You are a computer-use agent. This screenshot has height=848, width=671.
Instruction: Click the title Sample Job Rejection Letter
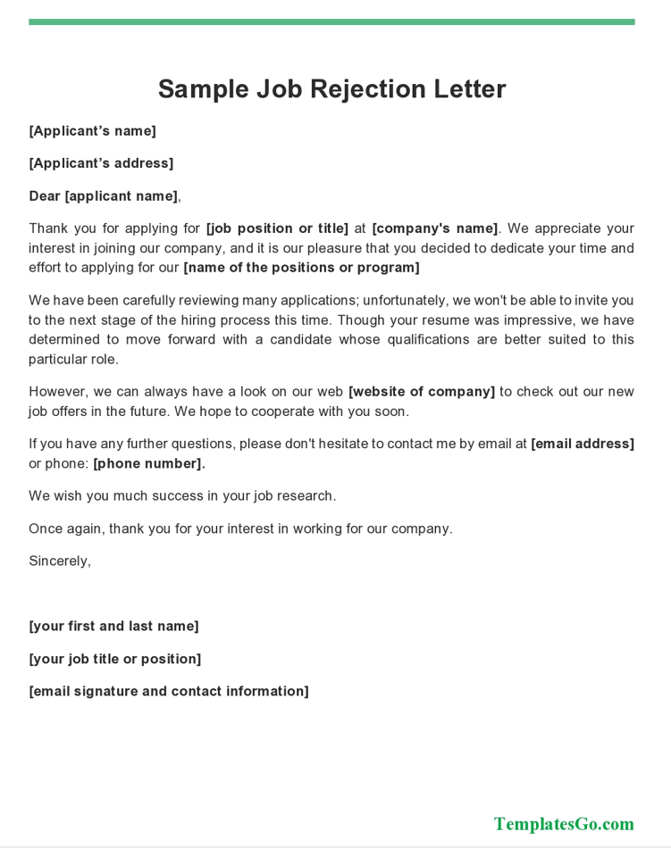pos(331,89)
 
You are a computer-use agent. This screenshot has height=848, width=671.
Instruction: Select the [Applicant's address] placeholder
pos(101,163)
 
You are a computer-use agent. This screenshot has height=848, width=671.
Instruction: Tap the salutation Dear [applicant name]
pos(104,196)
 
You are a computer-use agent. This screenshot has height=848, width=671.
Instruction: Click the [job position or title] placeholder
pos(277,229)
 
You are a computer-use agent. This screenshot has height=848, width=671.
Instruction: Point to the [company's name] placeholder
pos(435,229)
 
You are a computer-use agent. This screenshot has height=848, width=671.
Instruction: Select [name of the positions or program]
pos(301,268)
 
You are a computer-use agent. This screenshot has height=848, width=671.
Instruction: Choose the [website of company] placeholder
pos(422,392)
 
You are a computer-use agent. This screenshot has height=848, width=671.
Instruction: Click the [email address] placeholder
pos(583,444)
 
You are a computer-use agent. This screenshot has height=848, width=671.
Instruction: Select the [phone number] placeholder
pos(149,463)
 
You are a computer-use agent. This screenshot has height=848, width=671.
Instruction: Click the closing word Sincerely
pos(59,561)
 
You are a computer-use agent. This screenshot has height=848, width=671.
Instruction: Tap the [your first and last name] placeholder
pos(113,627)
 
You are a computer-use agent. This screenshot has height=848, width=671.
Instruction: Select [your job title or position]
pos(114,659)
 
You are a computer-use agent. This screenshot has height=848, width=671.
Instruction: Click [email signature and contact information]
pos(169,691)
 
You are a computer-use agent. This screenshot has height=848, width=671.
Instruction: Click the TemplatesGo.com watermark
pos(564,824)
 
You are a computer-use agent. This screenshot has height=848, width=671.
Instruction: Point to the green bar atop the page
pos(331,21)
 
